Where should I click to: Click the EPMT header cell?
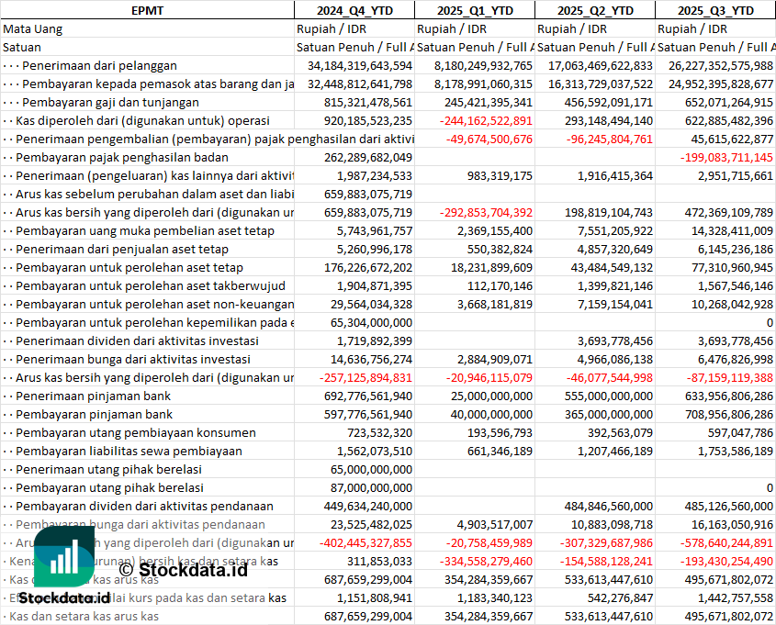(147, 10)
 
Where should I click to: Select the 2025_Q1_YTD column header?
(474, 10)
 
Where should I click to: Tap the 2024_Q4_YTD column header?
(354, 10)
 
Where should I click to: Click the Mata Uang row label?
(32, 28)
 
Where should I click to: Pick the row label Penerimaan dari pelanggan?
(99, 65)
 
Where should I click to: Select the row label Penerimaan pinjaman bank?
(93, 396)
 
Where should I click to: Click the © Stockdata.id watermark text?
(184, 570)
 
